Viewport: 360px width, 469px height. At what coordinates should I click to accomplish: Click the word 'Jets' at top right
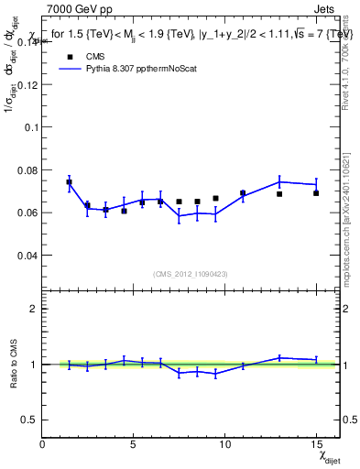pos(326,8)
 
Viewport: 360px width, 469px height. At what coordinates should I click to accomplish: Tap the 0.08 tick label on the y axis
pos(27,169)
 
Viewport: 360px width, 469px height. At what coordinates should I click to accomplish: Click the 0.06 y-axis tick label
pos(27,213)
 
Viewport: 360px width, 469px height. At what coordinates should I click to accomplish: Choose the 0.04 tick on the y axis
pos(27,255)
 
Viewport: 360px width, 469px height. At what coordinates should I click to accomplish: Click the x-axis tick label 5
pos(134,445)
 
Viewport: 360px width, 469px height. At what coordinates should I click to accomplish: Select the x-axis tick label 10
pos(224,445)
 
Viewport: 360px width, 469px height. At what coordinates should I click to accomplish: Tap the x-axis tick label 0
pos(43,445)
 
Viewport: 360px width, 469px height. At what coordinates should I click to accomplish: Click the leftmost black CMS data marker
pos(69,181)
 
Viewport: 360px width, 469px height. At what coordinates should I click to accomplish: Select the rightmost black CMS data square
pos(316,193)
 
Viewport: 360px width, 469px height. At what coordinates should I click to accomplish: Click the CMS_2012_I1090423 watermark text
pos(191,274)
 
